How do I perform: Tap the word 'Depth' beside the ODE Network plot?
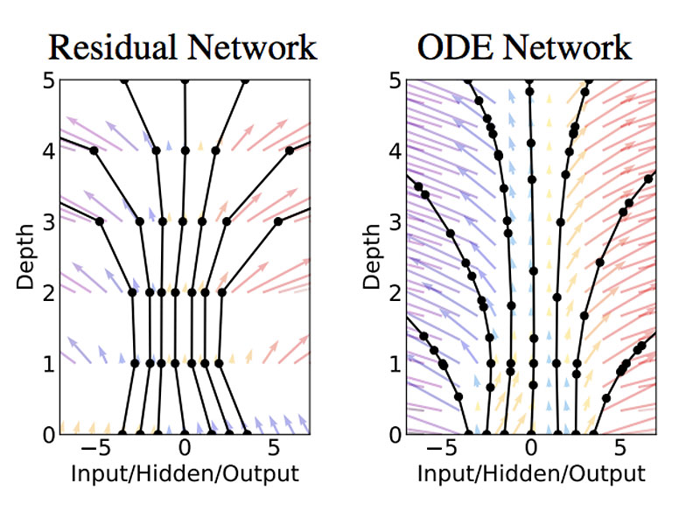[372, 255]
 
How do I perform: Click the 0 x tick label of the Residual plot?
[185, 450]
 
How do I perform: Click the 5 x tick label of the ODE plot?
[619, 450]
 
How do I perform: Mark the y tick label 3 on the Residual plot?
[50, 222]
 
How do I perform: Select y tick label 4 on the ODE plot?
[395, 151]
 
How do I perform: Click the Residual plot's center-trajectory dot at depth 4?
[185, 150]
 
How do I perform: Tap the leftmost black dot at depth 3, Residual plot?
[100, 221]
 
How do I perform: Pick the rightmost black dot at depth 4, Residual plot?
[289, 150]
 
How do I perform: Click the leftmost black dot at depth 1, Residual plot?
[135, 362]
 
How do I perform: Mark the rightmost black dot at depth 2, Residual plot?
[221, 292]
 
